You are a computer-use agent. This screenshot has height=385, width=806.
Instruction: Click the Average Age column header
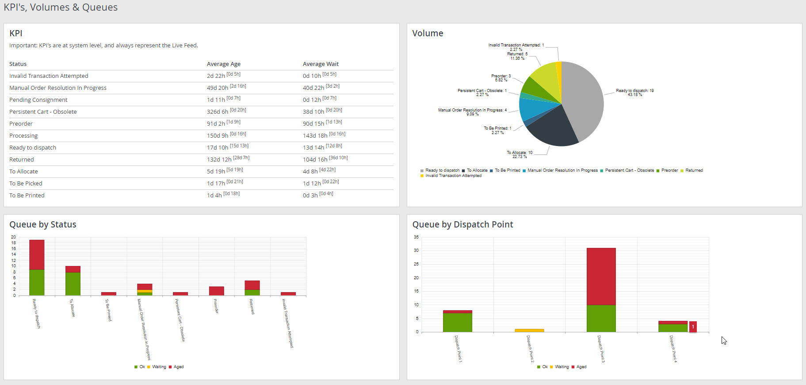click(x=224, y=64)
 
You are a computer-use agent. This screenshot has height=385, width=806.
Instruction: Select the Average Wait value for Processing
click(x=315, y=136)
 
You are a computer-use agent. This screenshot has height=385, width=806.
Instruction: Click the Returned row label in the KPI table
click(x=22, y=160)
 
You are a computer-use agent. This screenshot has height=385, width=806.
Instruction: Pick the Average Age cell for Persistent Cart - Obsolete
click(x=218, y=112)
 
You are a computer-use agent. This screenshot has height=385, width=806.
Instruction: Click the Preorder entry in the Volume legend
click(x=669, y=170)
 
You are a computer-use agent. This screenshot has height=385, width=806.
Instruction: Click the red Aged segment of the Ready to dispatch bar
click(x=37, y=254)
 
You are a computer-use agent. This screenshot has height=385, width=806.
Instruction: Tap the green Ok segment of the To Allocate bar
click(x=73, y=284)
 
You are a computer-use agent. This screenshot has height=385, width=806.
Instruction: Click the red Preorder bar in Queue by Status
click(x=217, y=291)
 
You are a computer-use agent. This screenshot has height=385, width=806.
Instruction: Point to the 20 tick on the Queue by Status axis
click(x=13, y=237)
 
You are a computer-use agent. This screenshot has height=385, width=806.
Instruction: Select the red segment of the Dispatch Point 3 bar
click(x=601, y=276)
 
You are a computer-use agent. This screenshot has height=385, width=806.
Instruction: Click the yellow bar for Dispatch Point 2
click(x=529, y=330)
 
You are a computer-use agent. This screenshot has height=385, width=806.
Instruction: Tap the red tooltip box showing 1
click(x=693, y=327)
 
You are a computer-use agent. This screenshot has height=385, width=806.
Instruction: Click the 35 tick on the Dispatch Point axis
click(x=416, y=237)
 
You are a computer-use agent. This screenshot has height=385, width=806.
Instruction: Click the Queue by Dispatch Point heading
click(x=462, y=224)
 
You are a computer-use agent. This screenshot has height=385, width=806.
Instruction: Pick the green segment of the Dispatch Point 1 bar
click(x=457, y=322)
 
